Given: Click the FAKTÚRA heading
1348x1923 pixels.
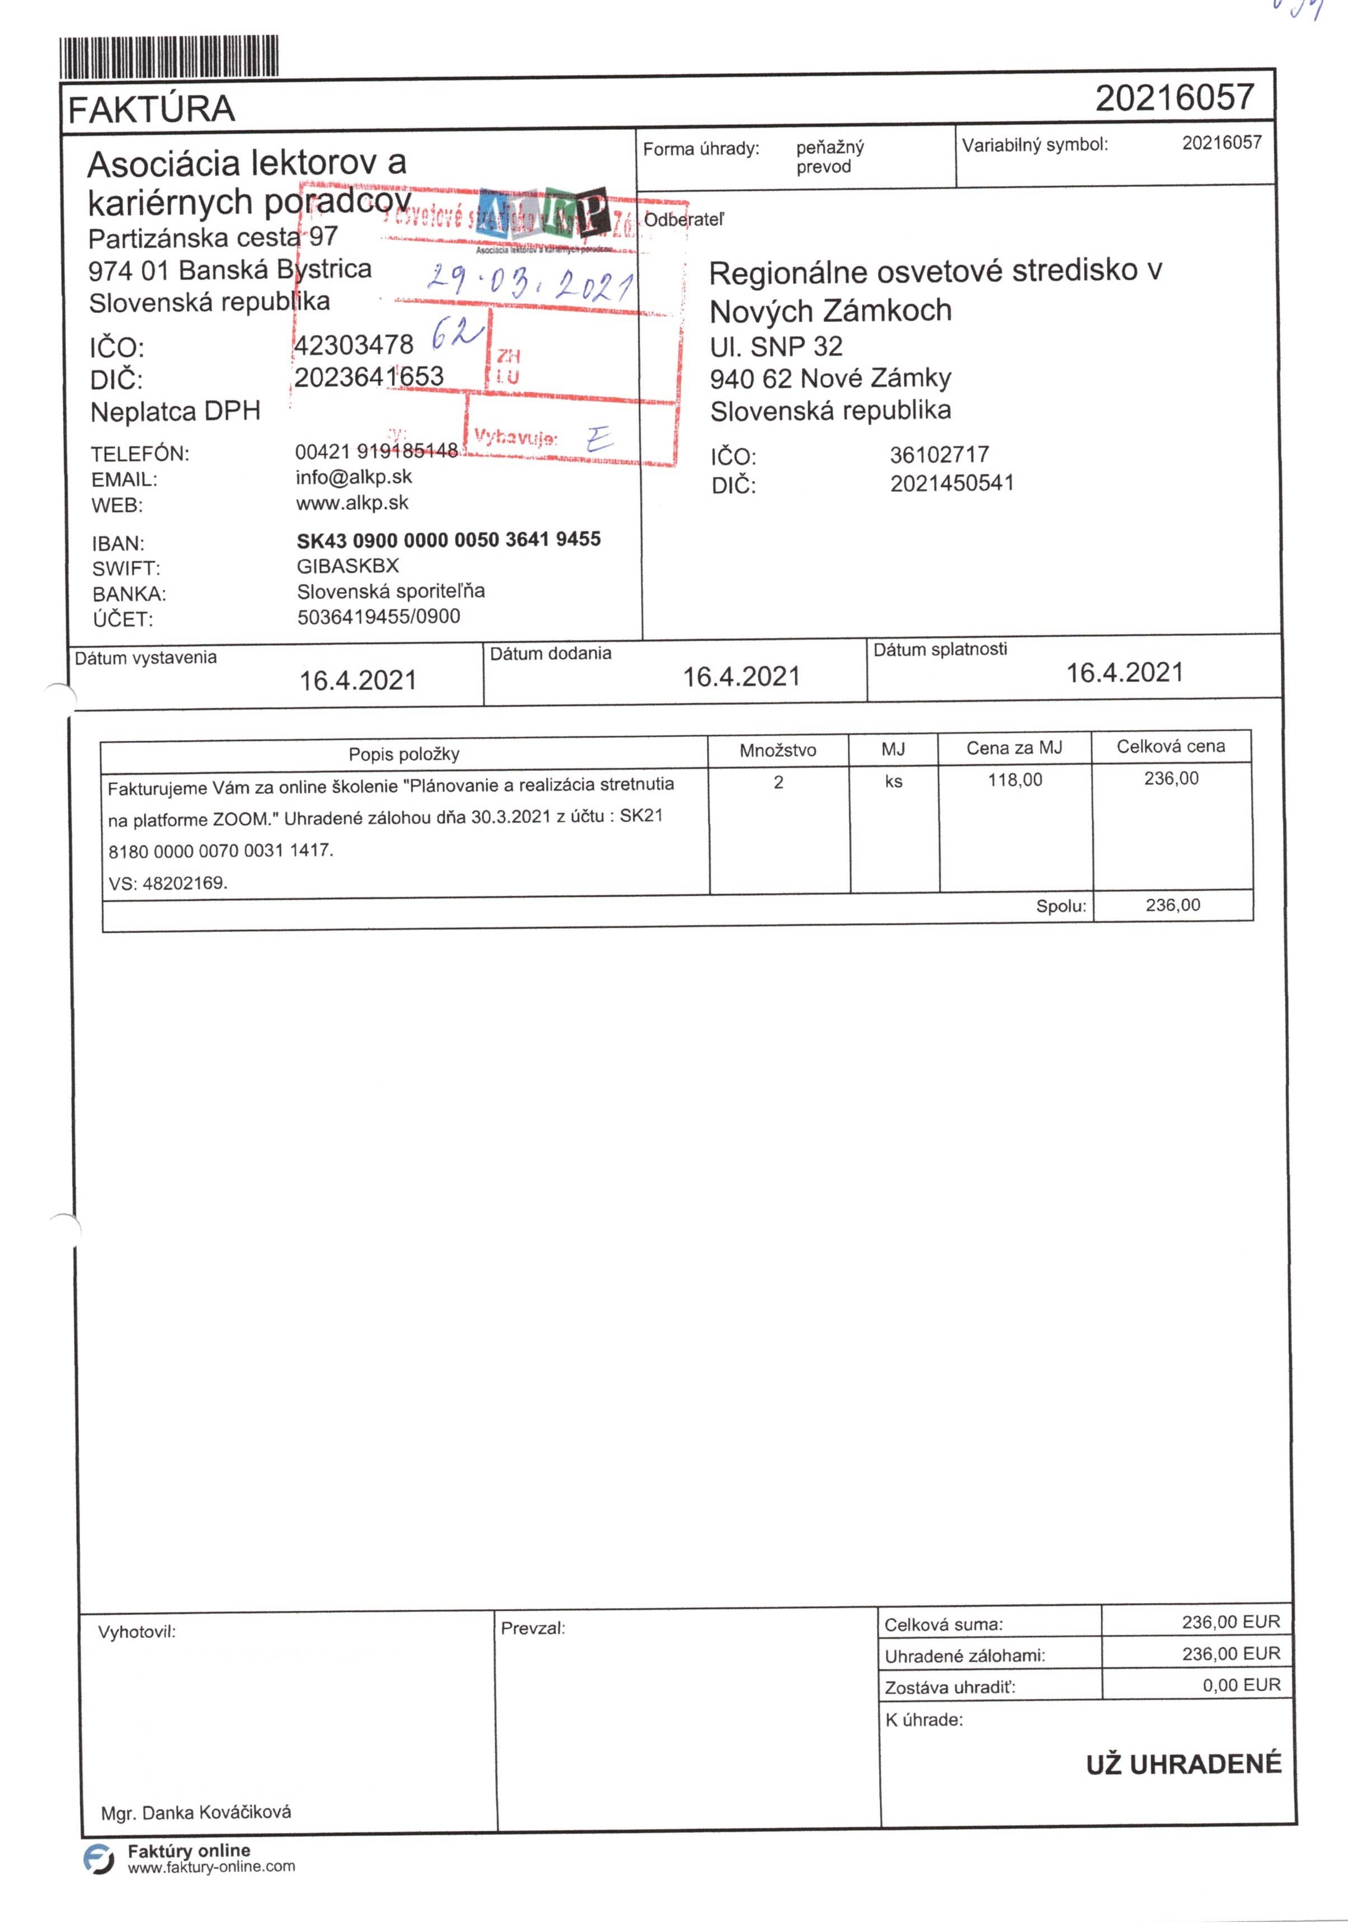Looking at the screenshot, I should click(151, 110).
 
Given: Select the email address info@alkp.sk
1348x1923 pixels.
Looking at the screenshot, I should click(354, 477).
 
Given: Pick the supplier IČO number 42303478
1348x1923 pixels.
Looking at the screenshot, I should click(354, 344).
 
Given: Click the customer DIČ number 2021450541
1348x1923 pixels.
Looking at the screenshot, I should click(952, 483).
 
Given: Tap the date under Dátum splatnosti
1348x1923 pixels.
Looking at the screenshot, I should click(1124, 673).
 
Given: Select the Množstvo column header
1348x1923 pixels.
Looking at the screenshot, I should click(777, 750).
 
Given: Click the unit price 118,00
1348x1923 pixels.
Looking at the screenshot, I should click(1014, 780).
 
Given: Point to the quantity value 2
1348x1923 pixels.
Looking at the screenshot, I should click(778, 782).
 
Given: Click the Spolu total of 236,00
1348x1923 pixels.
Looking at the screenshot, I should click(1172, 905).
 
